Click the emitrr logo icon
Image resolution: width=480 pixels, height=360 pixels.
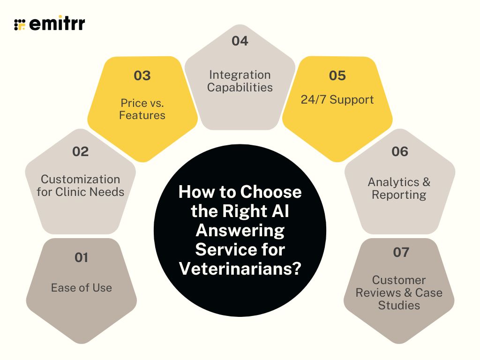point(20,24)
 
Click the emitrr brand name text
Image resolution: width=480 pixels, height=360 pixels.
point(57,24)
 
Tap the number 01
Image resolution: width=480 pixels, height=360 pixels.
point(82,257)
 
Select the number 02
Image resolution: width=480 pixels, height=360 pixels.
point(80,151)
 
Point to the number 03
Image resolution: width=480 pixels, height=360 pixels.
point(142,75)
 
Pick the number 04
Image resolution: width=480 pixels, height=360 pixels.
point(240,41)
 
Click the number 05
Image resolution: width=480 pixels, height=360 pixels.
point(337,75)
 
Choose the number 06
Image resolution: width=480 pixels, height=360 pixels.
point(399,151)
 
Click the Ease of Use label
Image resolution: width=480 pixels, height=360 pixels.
point(82,287)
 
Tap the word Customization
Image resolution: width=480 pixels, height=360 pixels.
point(80,179)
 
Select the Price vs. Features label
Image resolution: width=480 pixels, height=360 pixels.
point(142,109)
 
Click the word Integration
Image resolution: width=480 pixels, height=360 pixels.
point(240,75)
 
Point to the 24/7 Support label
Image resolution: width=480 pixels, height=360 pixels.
point(337,99)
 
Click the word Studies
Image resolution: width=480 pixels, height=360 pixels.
point(399,305)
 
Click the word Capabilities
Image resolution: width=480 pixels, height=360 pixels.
point(240,87)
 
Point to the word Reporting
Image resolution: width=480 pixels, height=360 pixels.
point(399,195)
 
